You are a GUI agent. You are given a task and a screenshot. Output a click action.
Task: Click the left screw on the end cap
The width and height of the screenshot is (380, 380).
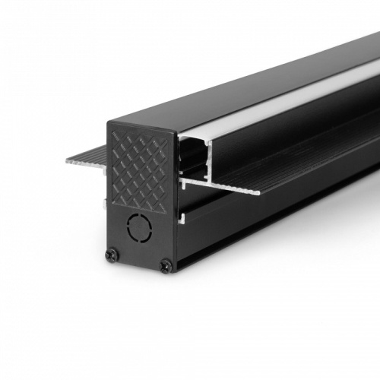pos(112,255)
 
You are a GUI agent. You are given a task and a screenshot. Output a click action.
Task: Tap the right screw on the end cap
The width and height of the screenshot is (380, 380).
pos(166,264)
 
